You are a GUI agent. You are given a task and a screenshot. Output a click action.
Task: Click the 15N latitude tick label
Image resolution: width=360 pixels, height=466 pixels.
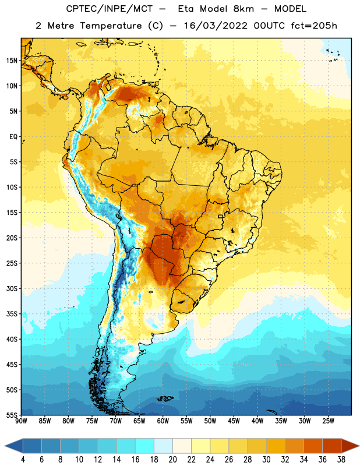point(12,61)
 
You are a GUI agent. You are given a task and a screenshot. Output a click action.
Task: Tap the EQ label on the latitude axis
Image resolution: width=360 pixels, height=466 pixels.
point(13,137)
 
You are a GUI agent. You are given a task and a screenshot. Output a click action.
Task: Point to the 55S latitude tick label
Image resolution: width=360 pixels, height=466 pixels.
point(12,415)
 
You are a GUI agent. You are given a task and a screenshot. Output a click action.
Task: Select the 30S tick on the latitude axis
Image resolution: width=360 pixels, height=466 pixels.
point(12,288)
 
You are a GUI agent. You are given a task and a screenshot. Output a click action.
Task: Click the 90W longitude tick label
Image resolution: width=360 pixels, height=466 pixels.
point(21,421)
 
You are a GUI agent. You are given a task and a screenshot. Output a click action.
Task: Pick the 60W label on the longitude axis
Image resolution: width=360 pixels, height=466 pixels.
point(163,421)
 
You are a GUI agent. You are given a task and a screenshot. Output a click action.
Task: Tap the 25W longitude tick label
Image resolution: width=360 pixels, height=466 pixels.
point(328,421)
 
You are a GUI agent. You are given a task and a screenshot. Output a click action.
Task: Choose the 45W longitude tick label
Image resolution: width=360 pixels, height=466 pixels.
point(234,421)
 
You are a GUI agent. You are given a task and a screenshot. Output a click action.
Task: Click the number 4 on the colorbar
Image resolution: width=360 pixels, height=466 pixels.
point(23,460)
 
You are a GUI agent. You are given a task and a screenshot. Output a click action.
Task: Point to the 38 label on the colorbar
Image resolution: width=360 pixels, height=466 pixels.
point(341,460)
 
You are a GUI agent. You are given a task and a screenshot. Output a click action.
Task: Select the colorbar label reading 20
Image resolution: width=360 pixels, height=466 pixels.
point(172,460)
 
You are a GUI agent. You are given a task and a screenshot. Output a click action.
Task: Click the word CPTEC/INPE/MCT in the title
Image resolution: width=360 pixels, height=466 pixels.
point(109,9)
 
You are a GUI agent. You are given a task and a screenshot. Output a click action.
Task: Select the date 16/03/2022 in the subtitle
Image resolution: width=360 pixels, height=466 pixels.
point(216,26)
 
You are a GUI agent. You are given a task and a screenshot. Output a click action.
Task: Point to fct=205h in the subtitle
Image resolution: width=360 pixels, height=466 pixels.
point(314,26)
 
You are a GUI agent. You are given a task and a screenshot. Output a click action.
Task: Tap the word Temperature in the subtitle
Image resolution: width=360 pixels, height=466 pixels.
point(111,26)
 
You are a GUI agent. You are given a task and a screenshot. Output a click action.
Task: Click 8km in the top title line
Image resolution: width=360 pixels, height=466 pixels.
point(243,9)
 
